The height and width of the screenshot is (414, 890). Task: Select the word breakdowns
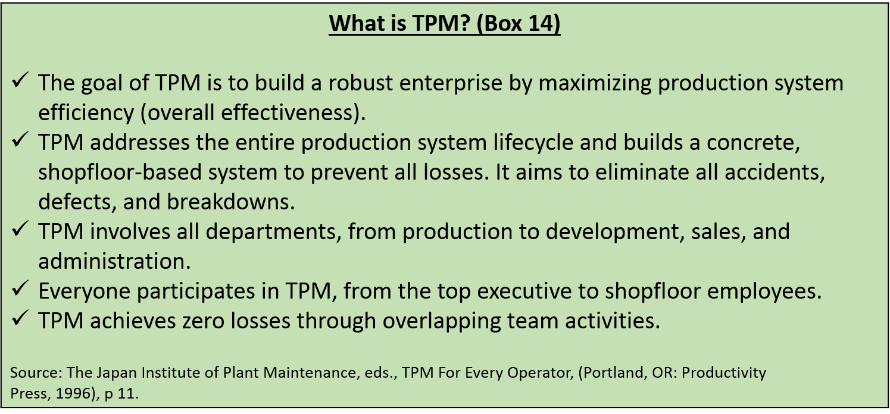point(231,202)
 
